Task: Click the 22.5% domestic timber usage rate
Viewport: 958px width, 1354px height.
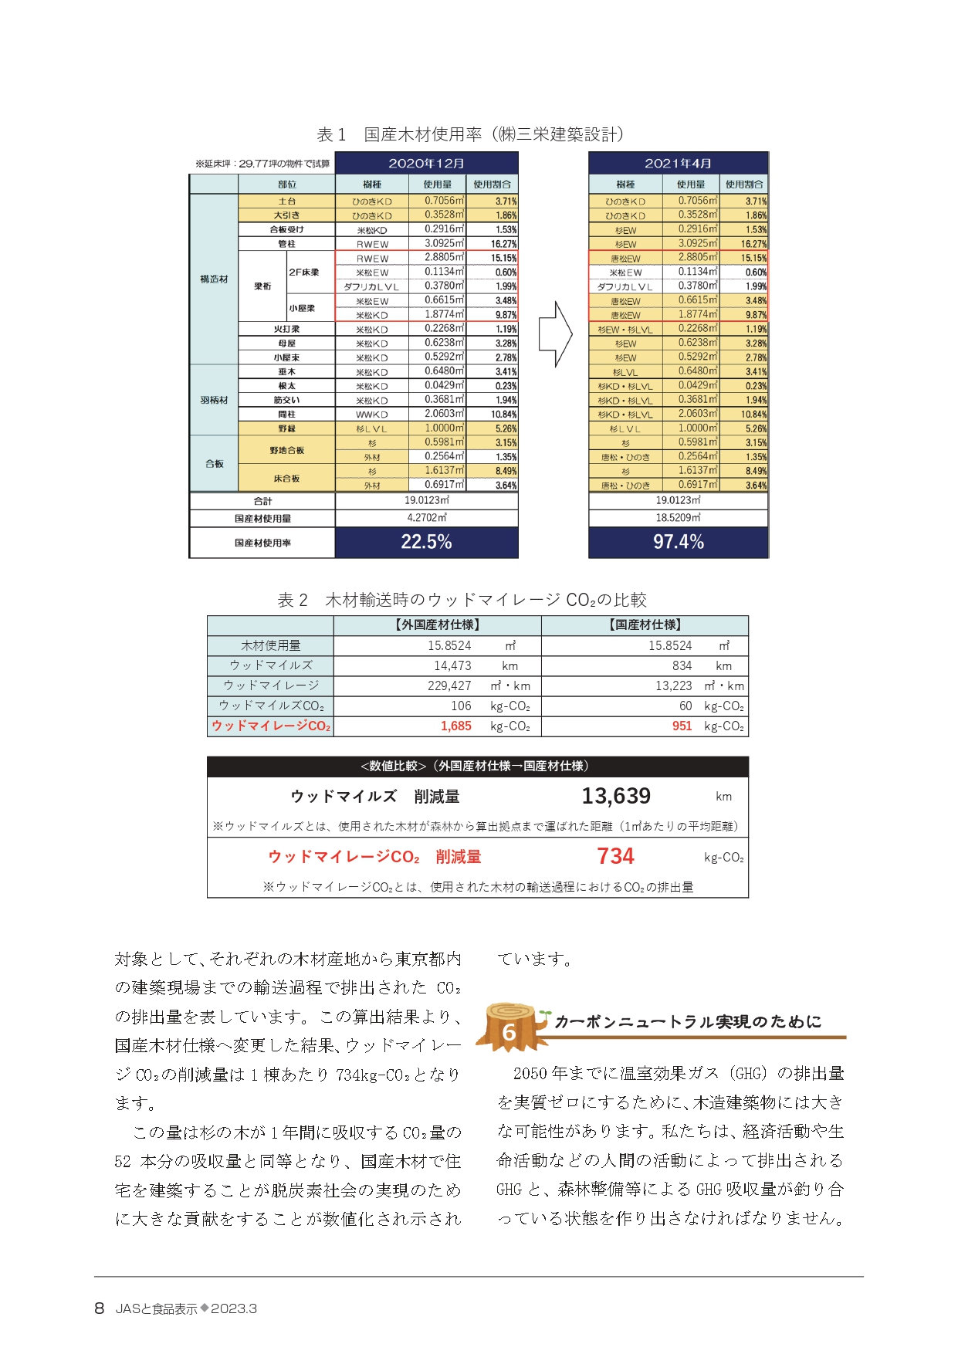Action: point(426,542)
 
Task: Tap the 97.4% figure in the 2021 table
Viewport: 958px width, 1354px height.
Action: point(679,542)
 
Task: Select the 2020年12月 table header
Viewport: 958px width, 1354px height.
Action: point(426,163)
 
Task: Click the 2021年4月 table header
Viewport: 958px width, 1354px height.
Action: point(678,163)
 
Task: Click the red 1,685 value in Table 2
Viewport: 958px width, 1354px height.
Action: point(455,726)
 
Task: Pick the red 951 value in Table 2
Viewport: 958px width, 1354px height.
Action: point(682,726)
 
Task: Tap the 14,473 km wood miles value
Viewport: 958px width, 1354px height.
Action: point(452,665)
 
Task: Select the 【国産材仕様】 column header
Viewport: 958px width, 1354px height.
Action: point(645,625)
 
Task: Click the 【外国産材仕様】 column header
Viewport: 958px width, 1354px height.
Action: point(437,625)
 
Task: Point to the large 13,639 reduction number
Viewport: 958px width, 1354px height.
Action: point(615,796)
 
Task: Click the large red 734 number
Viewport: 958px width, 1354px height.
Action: point(615,856)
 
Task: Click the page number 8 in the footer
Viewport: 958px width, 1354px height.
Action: point(99,1308)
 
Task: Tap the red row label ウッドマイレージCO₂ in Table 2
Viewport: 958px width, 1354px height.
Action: point(270,726)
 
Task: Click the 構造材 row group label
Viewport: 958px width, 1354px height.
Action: point(214,279)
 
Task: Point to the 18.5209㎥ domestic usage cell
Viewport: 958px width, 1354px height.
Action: point(678,518)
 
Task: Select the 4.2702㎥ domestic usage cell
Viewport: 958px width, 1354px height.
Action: point(426,518)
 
